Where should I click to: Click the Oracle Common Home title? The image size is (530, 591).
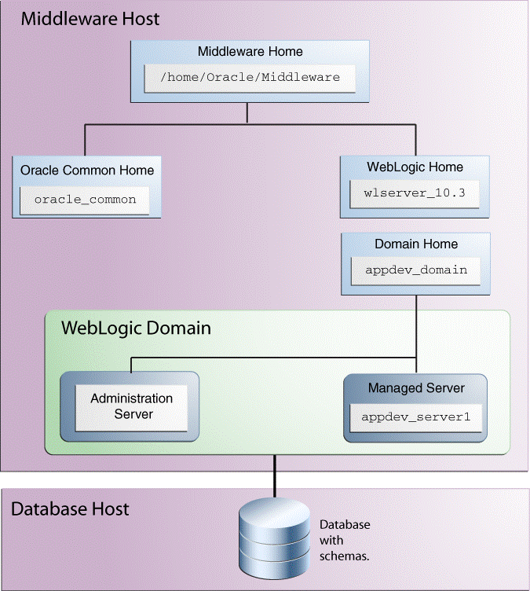point(87,170)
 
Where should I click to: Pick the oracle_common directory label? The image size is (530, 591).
point(86,200)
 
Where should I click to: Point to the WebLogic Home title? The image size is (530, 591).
point(415,167)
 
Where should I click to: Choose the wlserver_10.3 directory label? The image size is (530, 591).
point(415,193)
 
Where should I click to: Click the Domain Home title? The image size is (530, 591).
point(416,244)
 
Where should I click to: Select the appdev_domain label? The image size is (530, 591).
point(416,270)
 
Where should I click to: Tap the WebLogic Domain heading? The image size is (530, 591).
point(137,328)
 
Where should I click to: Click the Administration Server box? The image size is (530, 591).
point(130,406)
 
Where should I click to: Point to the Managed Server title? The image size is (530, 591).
point(416,388)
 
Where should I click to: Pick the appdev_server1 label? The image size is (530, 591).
point(416,416)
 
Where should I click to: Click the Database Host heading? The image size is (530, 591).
point(70,508)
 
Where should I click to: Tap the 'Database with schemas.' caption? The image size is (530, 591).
point(345,540)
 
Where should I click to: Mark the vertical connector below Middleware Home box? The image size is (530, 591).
point(247,113)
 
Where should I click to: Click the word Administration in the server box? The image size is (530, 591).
point(131,398)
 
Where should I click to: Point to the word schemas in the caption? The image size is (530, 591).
point(345,556)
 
